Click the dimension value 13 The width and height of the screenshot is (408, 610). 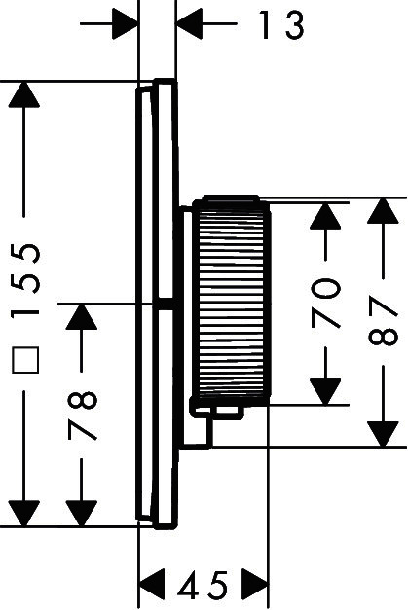pos(281,25)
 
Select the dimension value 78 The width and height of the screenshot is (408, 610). pos(82,415)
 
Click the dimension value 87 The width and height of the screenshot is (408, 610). pos(384,321)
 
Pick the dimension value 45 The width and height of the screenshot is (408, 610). pos(203,585)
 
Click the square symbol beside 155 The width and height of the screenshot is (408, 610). pos(25,360)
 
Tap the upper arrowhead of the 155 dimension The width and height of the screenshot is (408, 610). pos(24,93)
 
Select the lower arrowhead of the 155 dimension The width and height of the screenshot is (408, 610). pos(24,514)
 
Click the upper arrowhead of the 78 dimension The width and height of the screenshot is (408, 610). pos(82,317)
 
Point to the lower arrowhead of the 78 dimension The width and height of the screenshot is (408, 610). pos(82,514)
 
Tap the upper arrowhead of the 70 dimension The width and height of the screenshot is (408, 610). pos(325,216)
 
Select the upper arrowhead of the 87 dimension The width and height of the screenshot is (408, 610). pos(384,211)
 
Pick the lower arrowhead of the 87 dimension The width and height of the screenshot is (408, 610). pos(384,434)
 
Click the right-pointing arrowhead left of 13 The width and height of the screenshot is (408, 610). pos(126,24)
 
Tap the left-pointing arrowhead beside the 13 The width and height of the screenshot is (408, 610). pos(189,24)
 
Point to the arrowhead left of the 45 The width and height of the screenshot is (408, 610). pos(152,585)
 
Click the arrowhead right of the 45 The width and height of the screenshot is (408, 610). pos(255,585)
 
